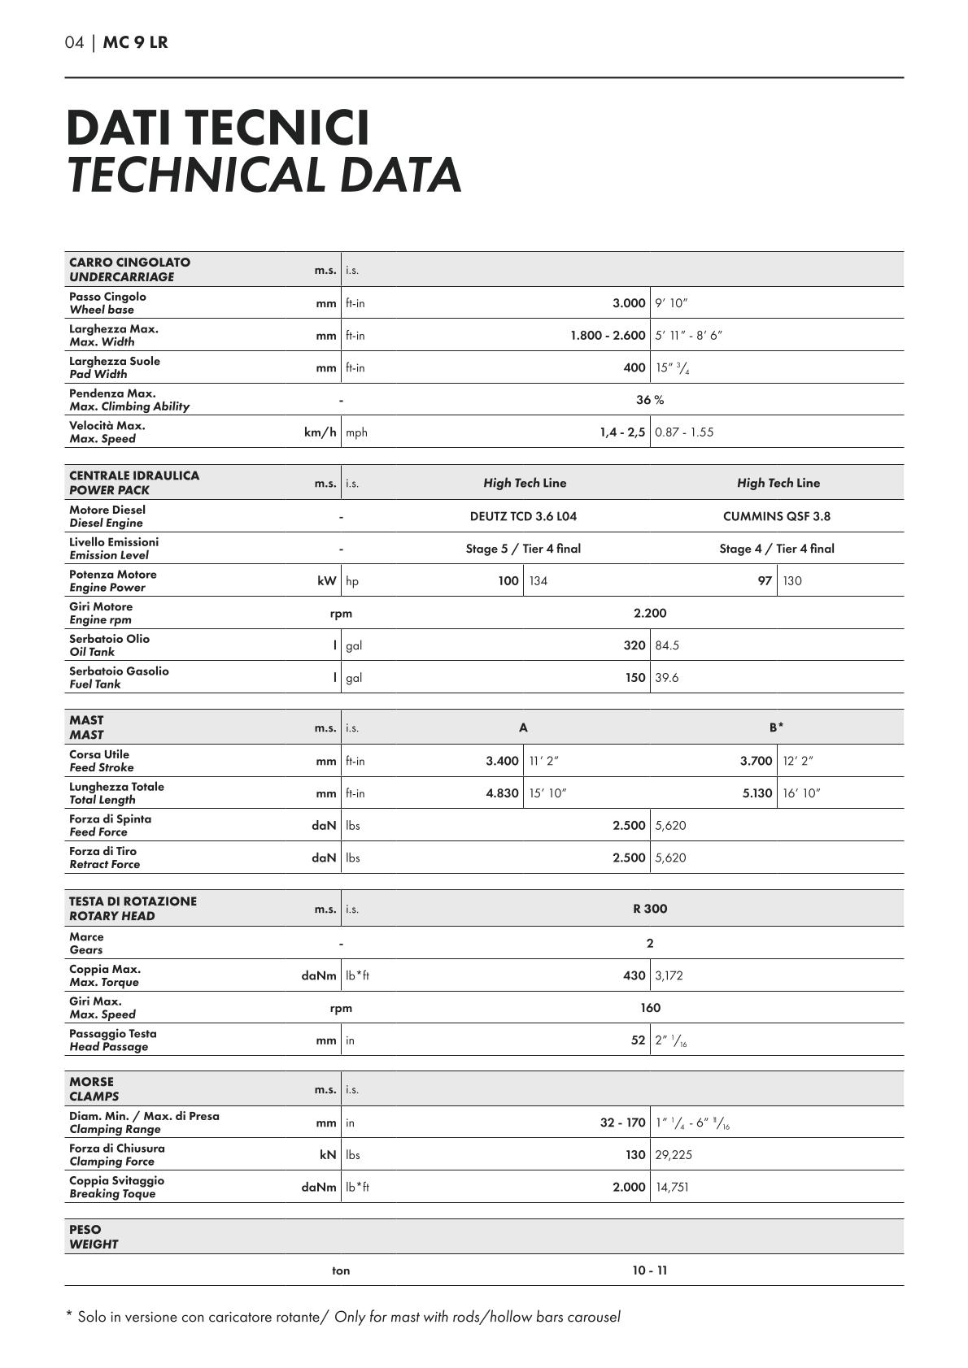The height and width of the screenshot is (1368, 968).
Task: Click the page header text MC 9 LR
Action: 135,42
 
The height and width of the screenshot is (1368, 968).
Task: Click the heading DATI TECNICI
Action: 217,128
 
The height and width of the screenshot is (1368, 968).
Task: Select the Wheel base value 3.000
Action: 629,303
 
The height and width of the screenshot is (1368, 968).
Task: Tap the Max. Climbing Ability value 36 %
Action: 650,400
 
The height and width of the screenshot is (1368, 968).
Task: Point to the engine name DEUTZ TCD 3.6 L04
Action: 523,516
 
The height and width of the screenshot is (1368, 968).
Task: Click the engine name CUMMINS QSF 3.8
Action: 777,516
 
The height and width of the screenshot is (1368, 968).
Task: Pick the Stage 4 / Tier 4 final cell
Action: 777,549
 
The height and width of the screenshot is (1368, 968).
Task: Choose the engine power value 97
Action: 765,581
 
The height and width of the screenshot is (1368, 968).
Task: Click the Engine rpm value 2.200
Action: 650,613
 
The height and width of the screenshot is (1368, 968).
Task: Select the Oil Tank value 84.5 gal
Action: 667,645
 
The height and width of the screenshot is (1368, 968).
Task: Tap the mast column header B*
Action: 777,727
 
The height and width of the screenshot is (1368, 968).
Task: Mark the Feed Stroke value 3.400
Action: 502,761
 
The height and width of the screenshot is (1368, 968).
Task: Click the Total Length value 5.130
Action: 757,793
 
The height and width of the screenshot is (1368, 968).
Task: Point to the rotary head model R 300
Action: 650,909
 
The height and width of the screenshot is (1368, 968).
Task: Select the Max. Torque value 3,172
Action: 669,975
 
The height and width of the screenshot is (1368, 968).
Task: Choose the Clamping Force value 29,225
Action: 674,1155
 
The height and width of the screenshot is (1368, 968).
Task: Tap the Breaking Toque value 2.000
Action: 629,1188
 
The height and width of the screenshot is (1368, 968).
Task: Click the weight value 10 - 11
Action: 650,1270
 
